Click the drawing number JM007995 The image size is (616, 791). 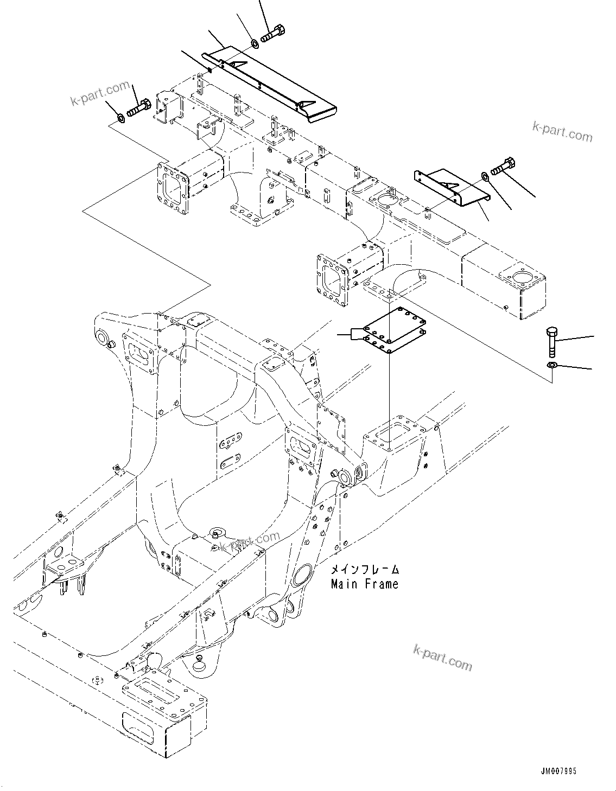tap(560, 771)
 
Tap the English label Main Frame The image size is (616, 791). tap(364, 584)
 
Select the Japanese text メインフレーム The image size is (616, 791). tap(365, 570)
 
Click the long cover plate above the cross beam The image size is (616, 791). tap(271, 82)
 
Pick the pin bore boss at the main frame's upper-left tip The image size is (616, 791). tap(101, 337)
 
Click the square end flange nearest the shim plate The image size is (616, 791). tap(331, 281)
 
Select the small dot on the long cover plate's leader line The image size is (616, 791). tap(210, 69)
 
